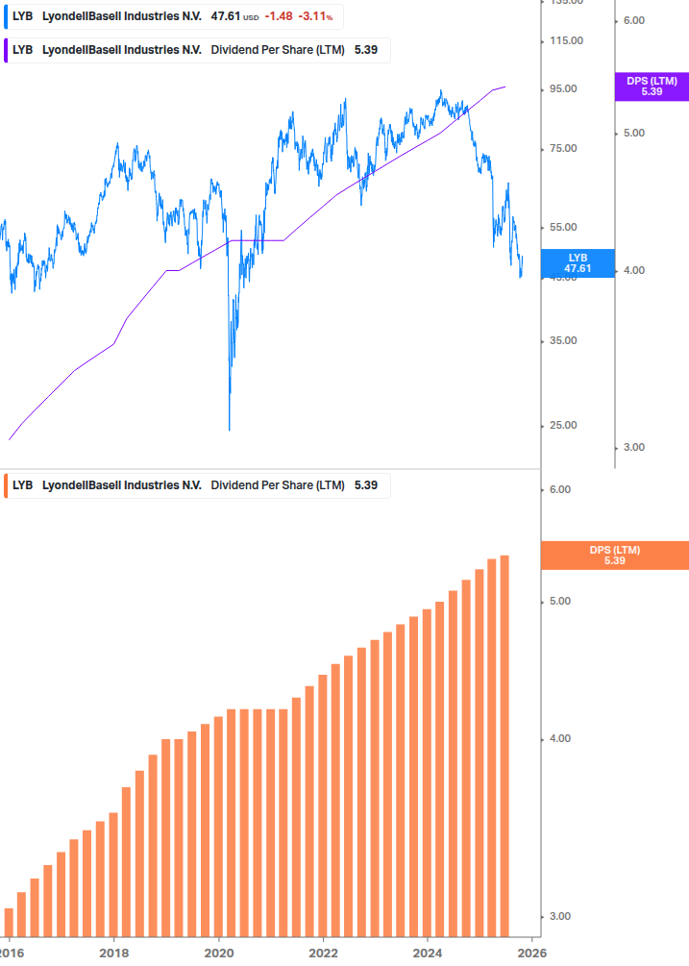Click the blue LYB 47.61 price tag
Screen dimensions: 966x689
click(577, 263)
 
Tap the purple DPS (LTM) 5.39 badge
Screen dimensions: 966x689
click(652, 87)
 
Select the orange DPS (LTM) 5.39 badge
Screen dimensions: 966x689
click(614, 556)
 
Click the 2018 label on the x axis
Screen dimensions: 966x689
click(113, 952)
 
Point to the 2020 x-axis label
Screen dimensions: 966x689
click(219, 952)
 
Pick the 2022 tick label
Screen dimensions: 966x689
click(324, 952)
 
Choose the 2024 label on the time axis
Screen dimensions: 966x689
click(429, 952)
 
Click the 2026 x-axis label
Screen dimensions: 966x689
click(532, 952)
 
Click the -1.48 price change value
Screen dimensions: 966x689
click(279, 16)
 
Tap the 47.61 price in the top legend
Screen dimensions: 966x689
click(225, 16)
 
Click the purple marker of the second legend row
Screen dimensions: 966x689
click(7, 50)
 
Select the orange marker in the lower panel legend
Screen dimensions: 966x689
click(7, 485)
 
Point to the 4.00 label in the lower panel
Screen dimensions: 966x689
click(558, 739)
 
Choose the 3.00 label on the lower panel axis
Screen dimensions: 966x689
click(558, 917)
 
